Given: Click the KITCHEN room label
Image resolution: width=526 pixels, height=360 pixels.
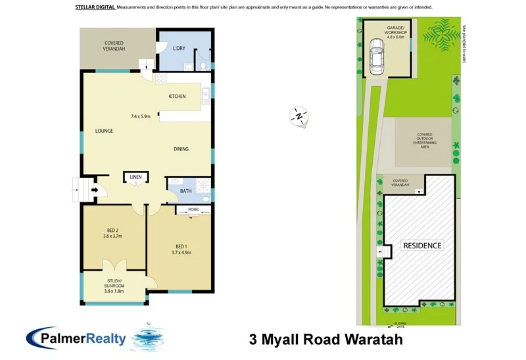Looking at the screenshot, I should pos(177,97).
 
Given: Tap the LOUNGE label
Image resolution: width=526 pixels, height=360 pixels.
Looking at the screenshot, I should pos(104,131).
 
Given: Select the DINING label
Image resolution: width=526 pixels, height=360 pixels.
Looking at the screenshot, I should pos(181,149).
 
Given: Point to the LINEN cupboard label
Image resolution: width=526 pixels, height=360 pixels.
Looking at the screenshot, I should pos(136,177).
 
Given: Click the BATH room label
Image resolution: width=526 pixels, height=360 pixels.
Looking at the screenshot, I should pos(185,191).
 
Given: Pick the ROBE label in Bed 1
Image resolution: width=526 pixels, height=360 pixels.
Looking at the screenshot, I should pos(193,209).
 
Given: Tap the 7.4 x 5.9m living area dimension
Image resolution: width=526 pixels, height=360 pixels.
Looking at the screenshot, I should pos(141,116).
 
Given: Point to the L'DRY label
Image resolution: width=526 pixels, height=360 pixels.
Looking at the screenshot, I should pos(179,49).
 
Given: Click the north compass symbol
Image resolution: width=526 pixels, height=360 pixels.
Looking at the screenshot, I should pos(299,116).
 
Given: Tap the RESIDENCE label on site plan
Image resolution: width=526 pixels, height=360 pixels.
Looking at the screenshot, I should pos(422,245).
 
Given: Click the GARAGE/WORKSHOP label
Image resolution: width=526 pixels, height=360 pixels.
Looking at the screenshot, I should pos(387,31).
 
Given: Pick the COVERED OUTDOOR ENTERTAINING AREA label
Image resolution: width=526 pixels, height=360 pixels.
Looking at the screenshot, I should pos(424,141).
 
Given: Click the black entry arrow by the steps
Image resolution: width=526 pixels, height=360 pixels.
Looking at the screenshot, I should pos(95,191).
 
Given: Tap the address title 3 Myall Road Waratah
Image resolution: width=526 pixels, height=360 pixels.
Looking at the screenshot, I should pos(325,340).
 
